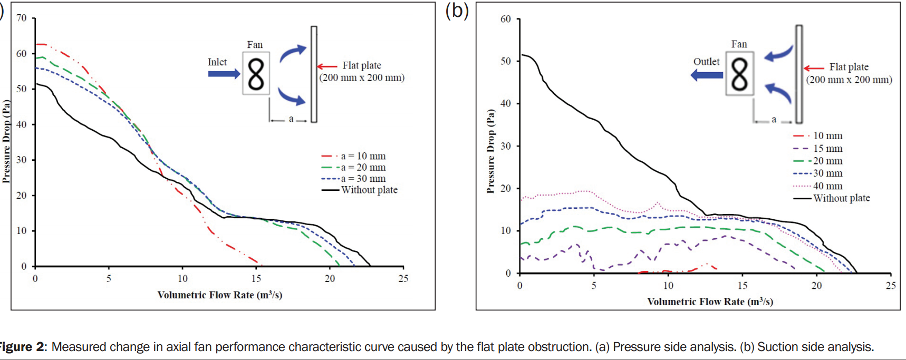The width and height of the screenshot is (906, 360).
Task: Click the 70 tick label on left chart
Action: pyautogui.click(x=21, y=18)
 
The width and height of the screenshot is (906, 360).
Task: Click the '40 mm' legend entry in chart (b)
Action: pyautogui.click(x=827, y=186)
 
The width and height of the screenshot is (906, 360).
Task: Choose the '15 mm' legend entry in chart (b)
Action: pyautogui.click(x=827, y=149)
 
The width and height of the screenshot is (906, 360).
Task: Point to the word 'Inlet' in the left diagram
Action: pyautogui.click(x=217, y=62)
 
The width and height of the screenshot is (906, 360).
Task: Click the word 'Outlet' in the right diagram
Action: pyautogui.click(x=706, y=62)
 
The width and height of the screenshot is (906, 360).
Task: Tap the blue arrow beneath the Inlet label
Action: pyautogui.click(x=224, y=74)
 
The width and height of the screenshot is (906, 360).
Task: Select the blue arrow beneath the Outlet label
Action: pyautogui.click(x=707, y=75)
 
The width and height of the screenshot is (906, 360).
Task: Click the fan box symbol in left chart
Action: pyautogui.click(x=256, y=73)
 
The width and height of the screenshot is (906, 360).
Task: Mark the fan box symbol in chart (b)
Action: pyautogui.click(x=739, y=73)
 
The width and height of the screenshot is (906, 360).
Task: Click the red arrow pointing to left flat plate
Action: pyautogui.click(x=327, y=66)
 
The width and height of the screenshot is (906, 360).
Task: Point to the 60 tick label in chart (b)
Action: pyautogui.click(x=505, y=19)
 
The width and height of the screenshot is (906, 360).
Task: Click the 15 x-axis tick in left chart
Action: pyautogui.click(x=256, y=279)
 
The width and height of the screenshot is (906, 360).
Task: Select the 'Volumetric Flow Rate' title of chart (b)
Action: pyautogui.click(x=710, y=301)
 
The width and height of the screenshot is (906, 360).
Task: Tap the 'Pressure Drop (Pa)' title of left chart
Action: pyautogui.click(x=6, y=141)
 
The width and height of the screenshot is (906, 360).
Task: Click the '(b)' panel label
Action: pyautogui.click(x=457, y=11)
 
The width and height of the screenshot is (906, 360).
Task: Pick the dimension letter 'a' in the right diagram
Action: pyautogui.click(x=774, y=120)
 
